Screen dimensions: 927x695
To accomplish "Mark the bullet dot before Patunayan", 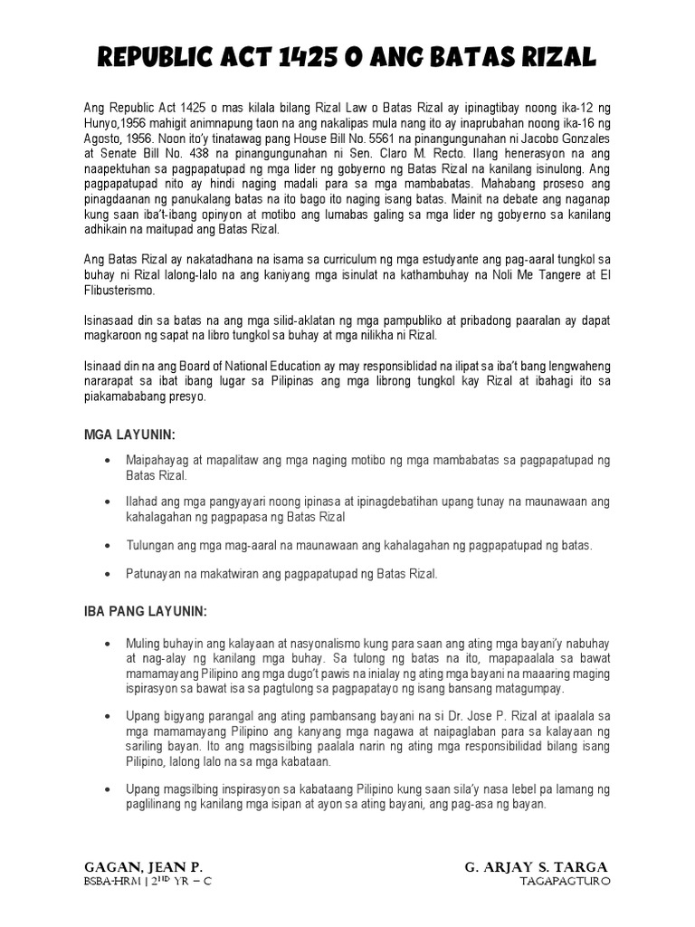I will [x=108, y=574].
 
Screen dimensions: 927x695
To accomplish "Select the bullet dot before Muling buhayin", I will [x=108, y=642].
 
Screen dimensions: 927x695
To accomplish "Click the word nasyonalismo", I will [x=287, y=642].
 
